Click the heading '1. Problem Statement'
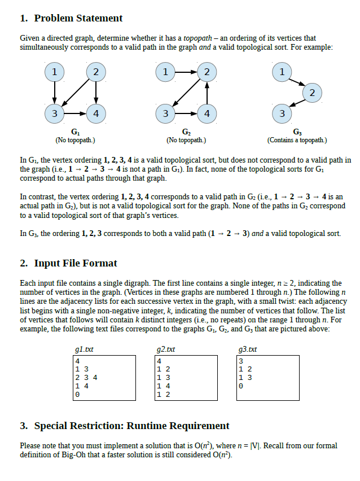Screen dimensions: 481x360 click(71, 19)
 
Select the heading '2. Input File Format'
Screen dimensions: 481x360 click(68, 263)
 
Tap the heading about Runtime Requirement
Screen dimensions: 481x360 click(125, 426)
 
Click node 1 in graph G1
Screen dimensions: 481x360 click(54, 72)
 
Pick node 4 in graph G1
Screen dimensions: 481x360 click(96, 113)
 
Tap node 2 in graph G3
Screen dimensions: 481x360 click(312, 91)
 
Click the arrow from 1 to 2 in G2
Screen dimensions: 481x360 click(186, 72)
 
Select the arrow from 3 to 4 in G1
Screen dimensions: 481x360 click(75, 113)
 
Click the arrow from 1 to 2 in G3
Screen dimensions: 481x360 click(296, 82)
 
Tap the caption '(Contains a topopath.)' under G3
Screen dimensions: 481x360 click(297, 139)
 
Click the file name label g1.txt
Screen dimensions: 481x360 click(84, 349)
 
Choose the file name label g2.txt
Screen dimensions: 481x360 click(166, 349)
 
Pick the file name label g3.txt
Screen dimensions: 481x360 click(248, 349)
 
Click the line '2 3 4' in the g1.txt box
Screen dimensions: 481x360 click(87, 377)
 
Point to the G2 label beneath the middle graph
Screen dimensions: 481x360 click(186, 132)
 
